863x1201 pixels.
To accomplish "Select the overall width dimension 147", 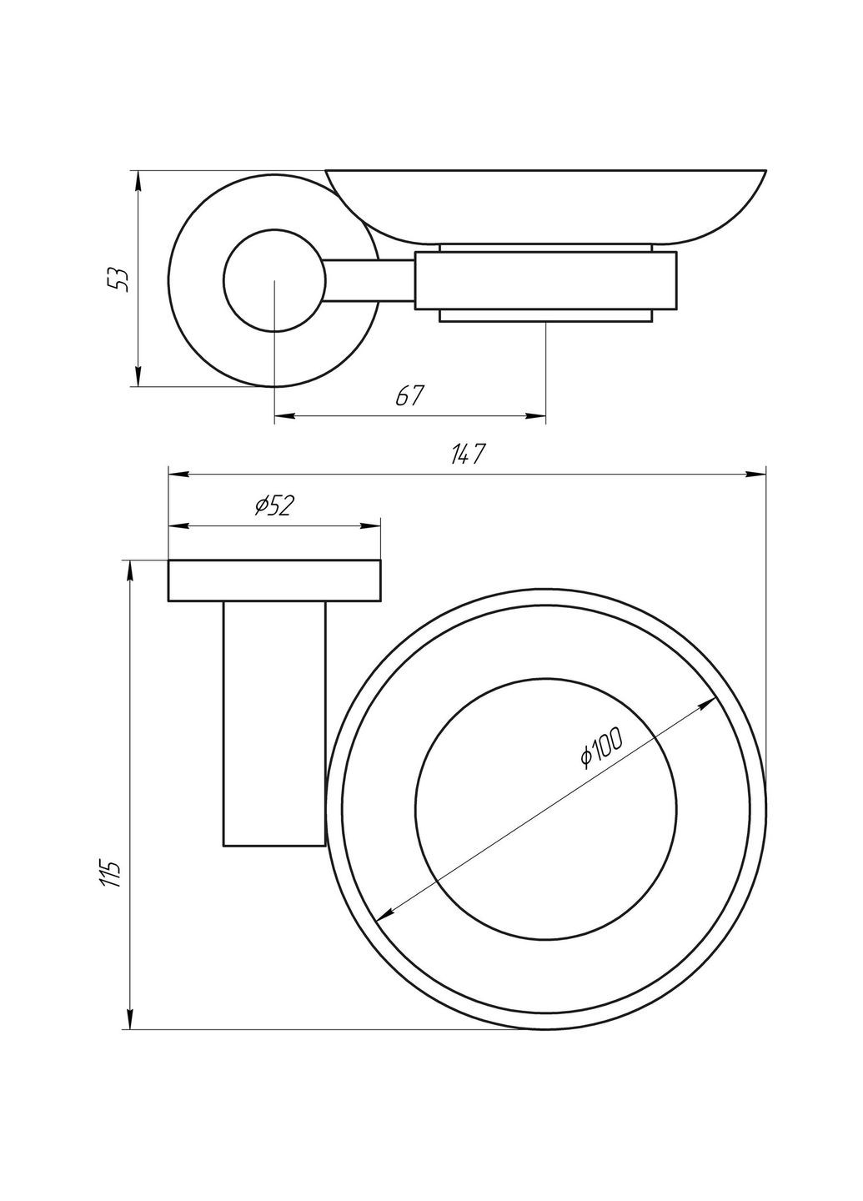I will tap(468, 455).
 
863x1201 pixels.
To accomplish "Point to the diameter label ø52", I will tap(273, 506).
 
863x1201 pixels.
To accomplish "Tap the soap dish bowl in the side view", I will tap(547, 204).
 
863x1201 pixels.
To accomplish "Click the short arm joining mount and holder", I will tap(369, 280).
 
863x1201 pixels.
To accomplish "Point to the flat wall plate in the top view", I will tap(274, 580).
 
